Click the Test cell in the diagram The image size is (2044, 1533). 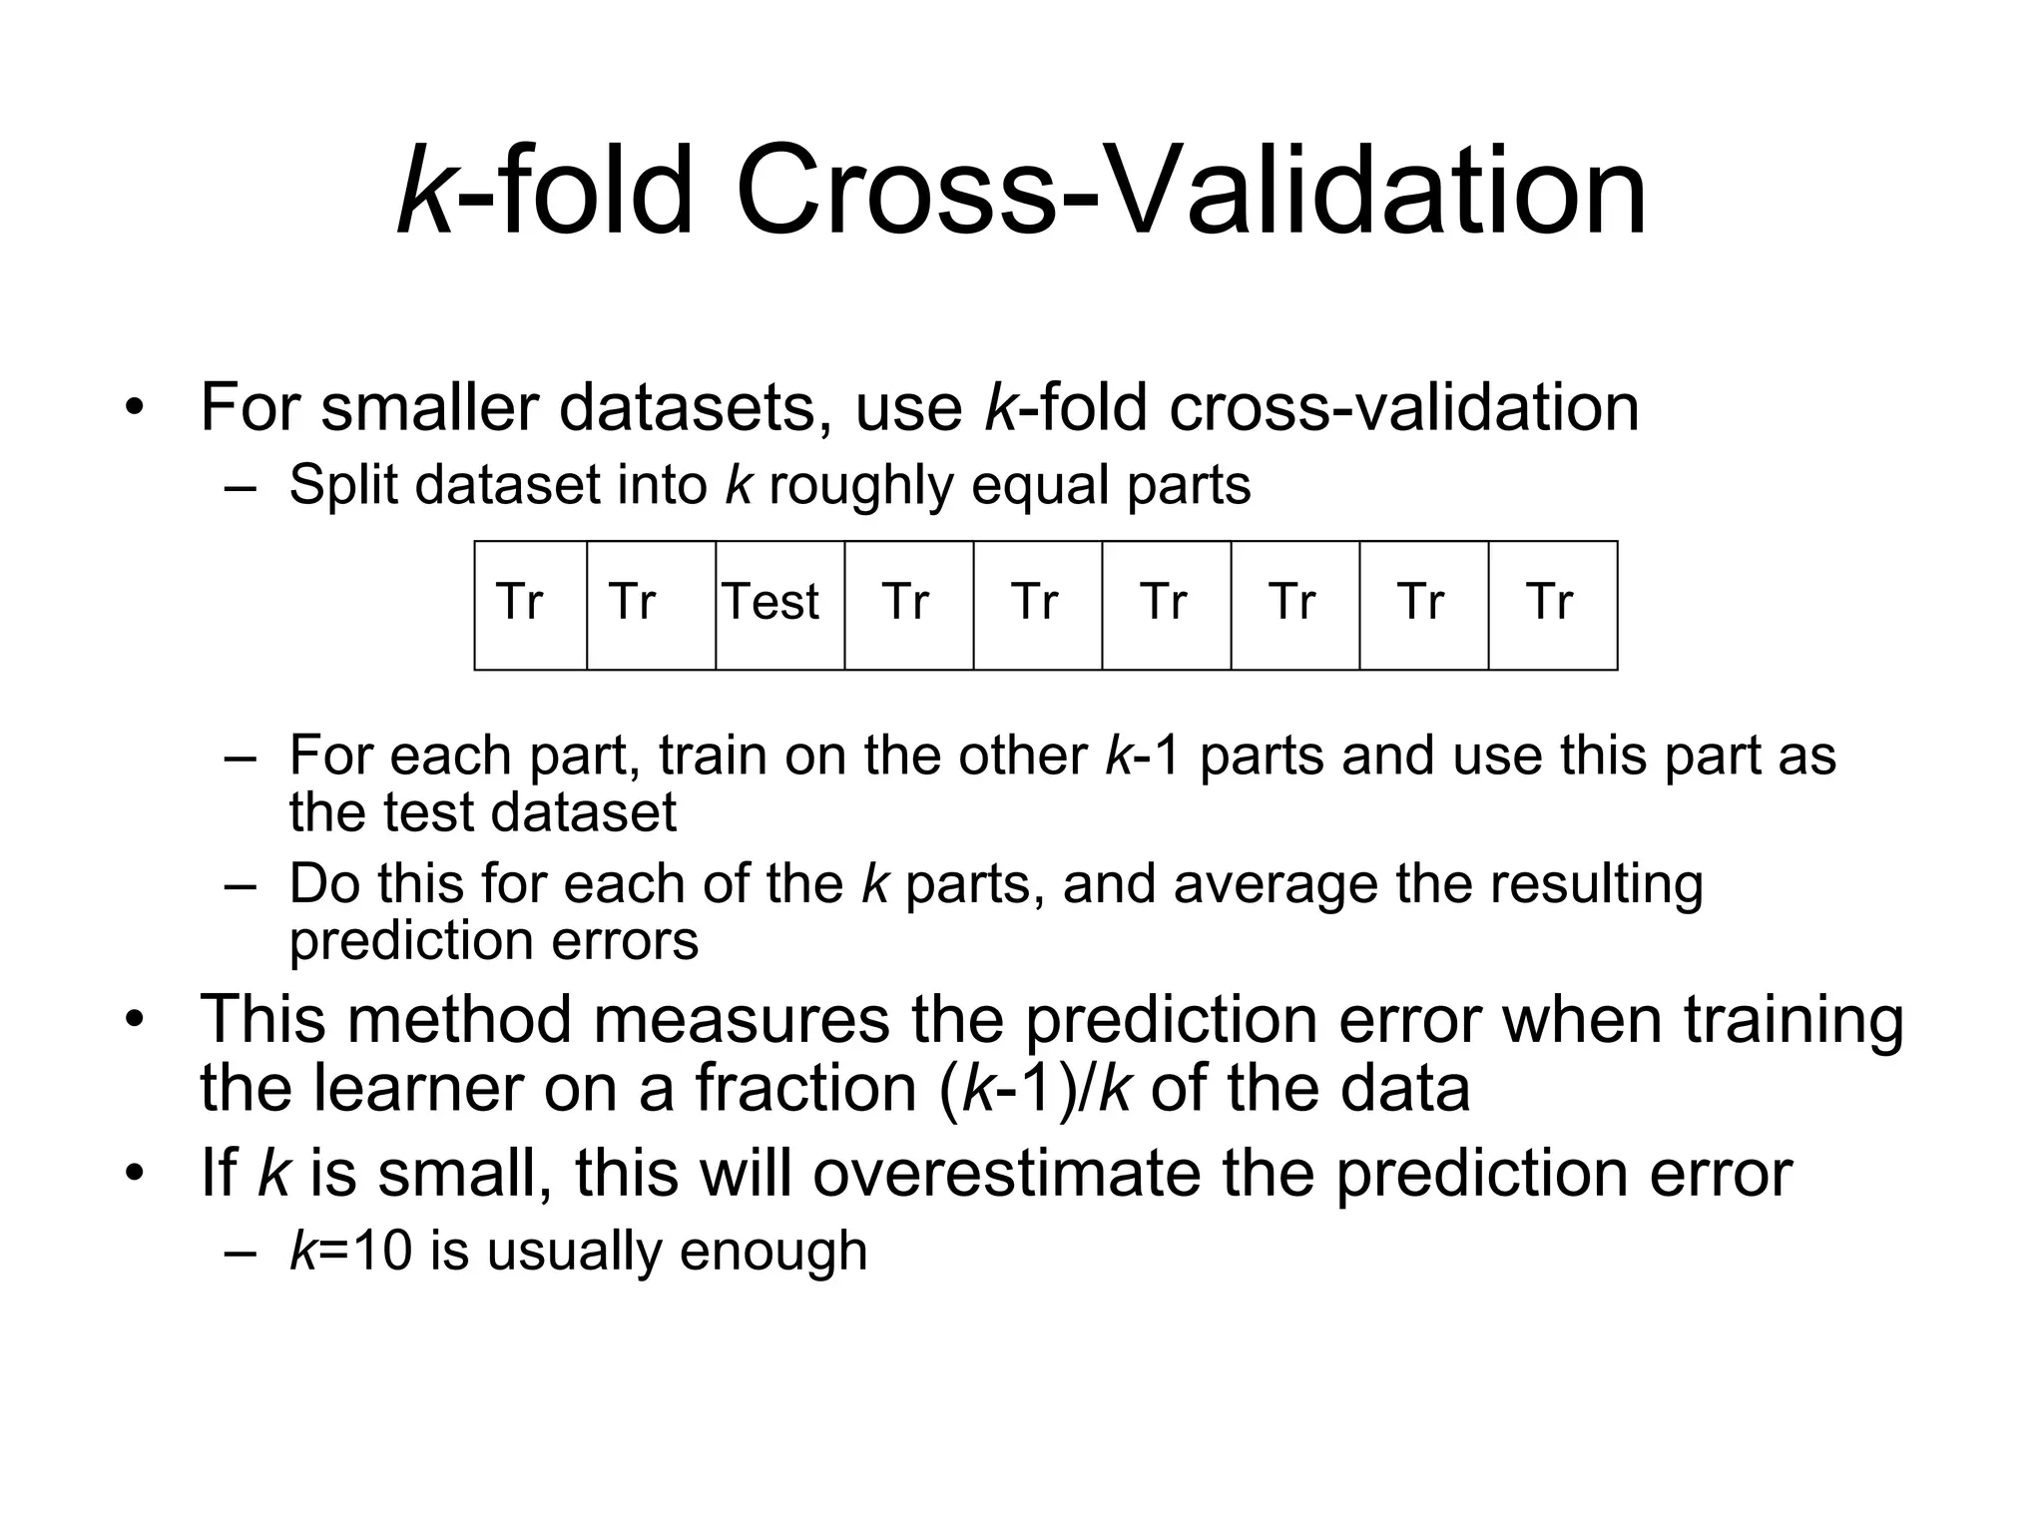click(x=779, y=605)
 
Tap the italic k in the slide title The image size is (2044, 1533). click(x=426, y=190)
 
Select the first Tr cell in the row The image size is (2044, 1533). click(x=530, y=605)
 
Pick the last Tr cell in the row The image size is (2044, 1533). click(x=1552, y=605)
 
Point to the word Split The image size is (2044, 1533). click(x=344, y=486)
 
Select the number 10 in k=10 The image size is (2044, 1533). click(x=382, y=1251)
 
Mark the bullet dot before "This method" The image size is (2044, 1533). click(x=135, y=1019)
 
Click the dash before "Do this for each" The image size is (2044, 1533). click(x=241, y=885)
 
